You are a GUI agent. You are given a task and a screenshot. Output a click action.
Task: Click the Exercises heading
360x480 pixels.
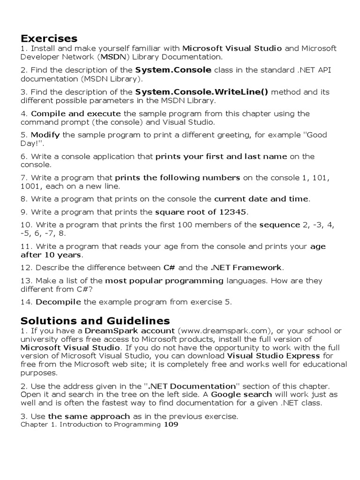coord(49,38)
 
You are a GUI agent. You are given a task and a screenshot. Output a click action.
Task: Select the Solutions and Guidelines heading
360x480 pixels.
coord(95,321)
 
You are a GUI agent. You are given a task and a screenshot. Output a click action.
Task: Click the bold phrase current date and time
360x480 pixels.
coord(261,199)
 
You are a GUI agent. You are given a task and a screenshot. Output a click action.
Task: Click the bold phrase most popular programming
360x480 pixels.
coord(164,281)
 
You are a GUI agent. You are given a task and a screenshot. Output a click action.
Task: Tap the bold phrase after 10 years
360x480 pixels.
coord(51,255)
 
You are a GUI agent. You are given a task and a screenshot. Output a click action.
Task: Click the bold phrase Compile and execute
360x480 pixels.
coord(76,113)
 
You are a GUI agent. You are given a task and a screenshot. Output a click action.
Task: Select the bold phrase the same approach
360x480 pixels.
coord(89,416)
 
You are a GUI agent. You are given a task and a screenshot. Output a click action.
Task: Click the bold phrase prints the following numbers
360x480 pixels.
coord(178,178)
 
